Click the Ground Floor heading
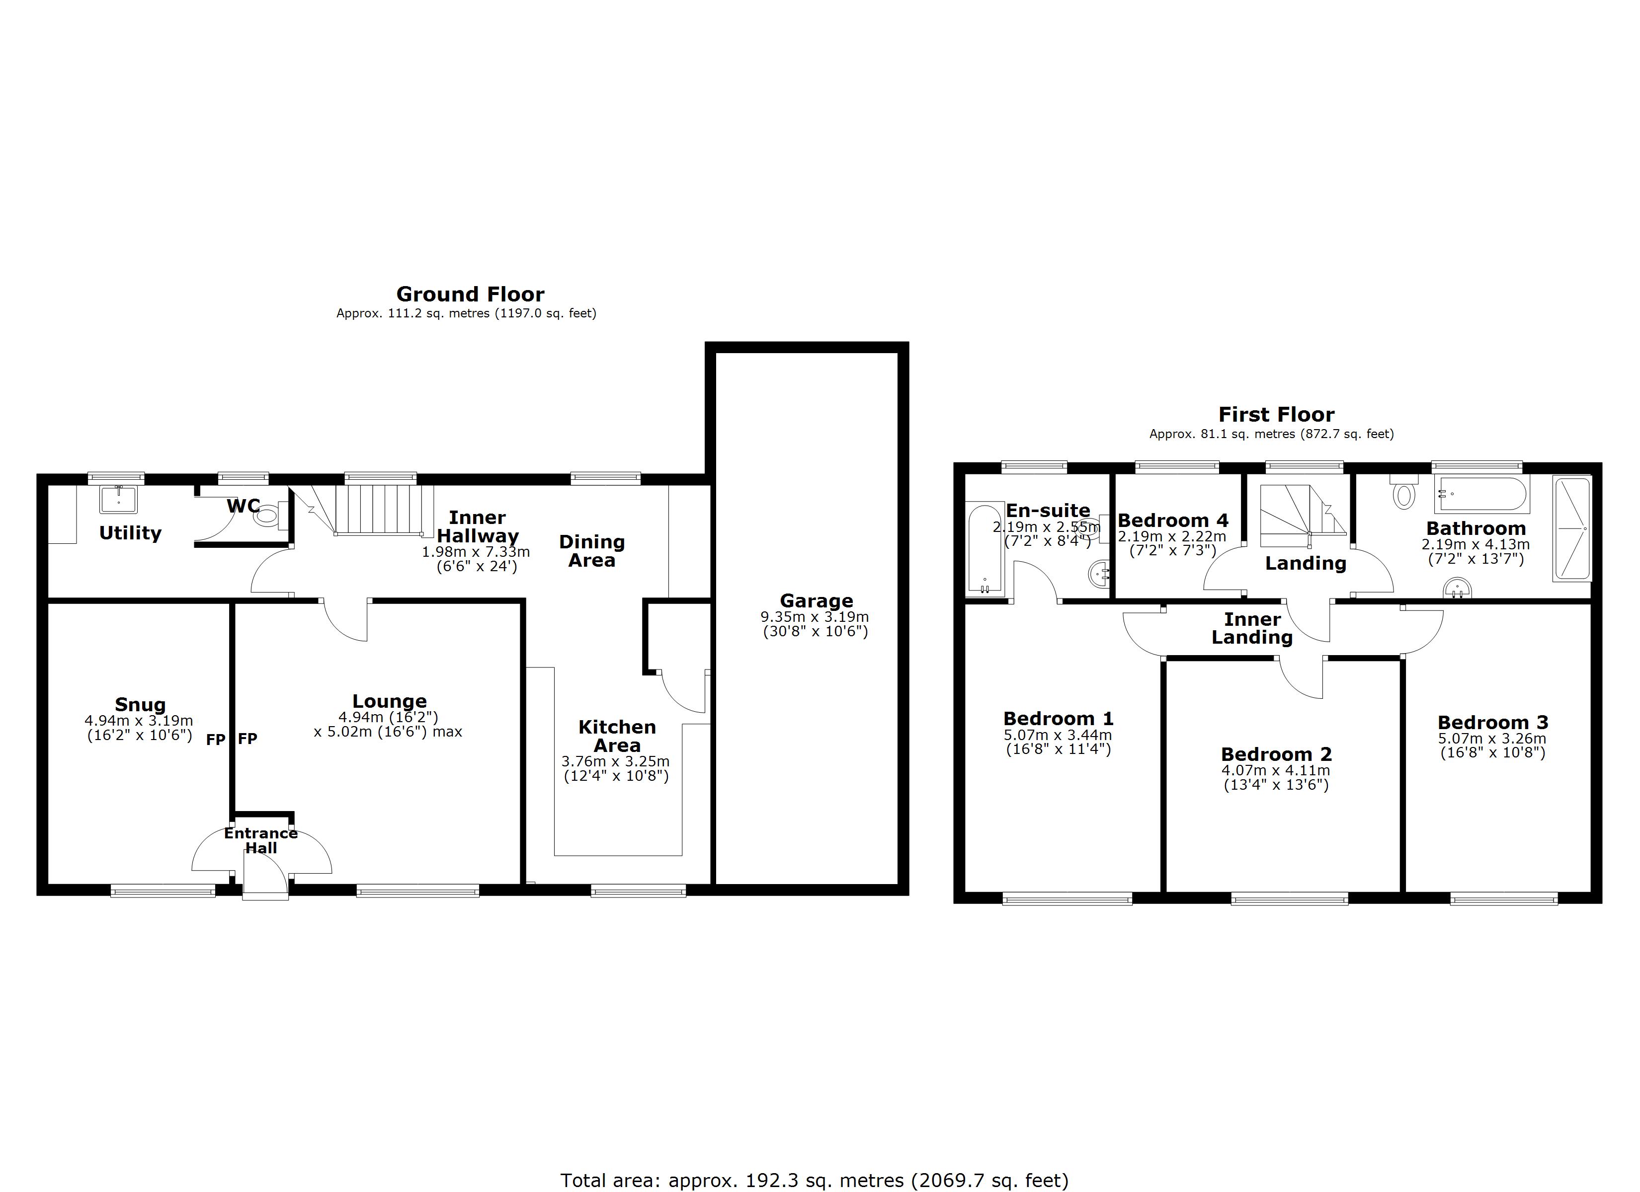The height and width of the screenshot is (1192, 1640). (470, 294)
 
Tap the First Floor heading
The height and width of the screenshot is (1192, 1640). (1276, 414)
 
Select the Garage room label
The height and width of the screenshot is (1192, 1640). (817, 600)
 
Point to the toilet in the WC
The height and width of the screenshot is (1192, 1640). (267, 515)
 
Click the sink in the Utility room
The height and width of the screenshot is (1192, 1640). (118, 498)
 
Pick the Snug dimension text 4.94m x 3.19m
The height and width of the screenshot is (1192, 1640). (139, 721)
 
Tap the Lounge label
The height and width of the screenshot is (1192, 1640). (390, 701)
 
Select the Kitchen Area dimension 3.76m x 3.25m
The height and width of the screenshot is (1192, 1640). (615, 761)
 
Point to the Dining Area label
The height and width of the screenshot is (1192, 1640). (591, 551)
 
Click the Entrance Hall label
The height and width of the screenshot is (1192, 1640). (260, 840)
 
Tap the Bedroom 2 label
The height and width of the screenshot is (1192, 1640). (1276, 754)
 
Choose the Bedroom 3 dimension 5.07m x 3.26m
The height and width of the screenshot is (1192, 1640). (1492, 739)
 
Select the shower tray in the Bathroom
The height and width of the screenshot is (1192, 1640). (1572, 528)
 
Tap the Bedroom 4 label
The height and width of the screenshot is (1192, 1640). (1173, 521)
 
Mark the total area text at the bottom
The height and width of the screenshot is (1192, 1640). (814, 1181)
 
